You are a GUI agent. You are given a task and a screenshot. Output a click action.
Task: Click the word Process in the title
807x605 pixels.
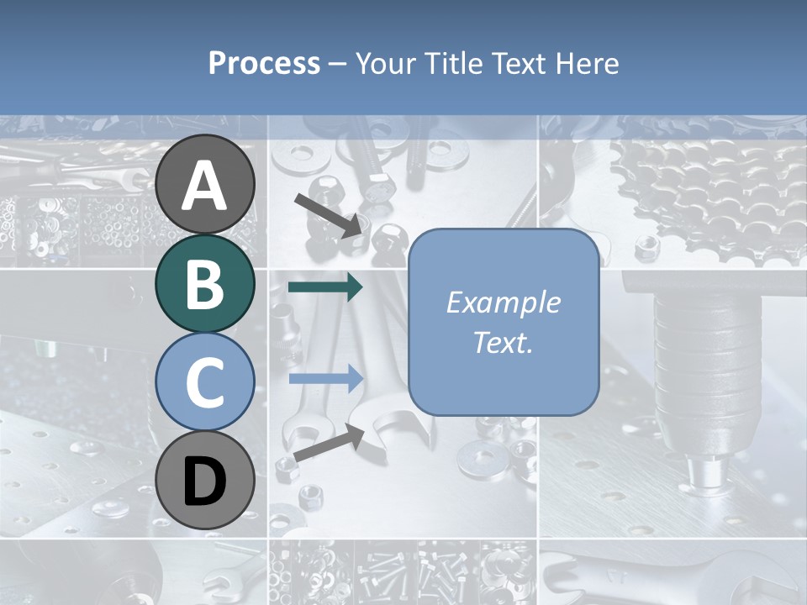(264, 64)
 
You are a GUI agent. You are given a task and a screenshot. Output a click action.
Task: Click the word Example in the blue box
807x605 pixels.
(503, 302)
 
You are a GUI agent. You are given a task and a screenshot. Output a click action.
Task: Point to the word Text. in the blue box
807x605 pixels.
(503, 343)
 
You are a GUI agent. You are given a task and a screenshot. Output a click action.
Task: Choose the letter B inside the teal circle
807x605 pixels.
(205, 284)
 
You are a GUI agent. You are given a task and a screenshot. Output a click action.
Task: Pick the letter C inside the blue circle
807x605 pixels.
(205, 383)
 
